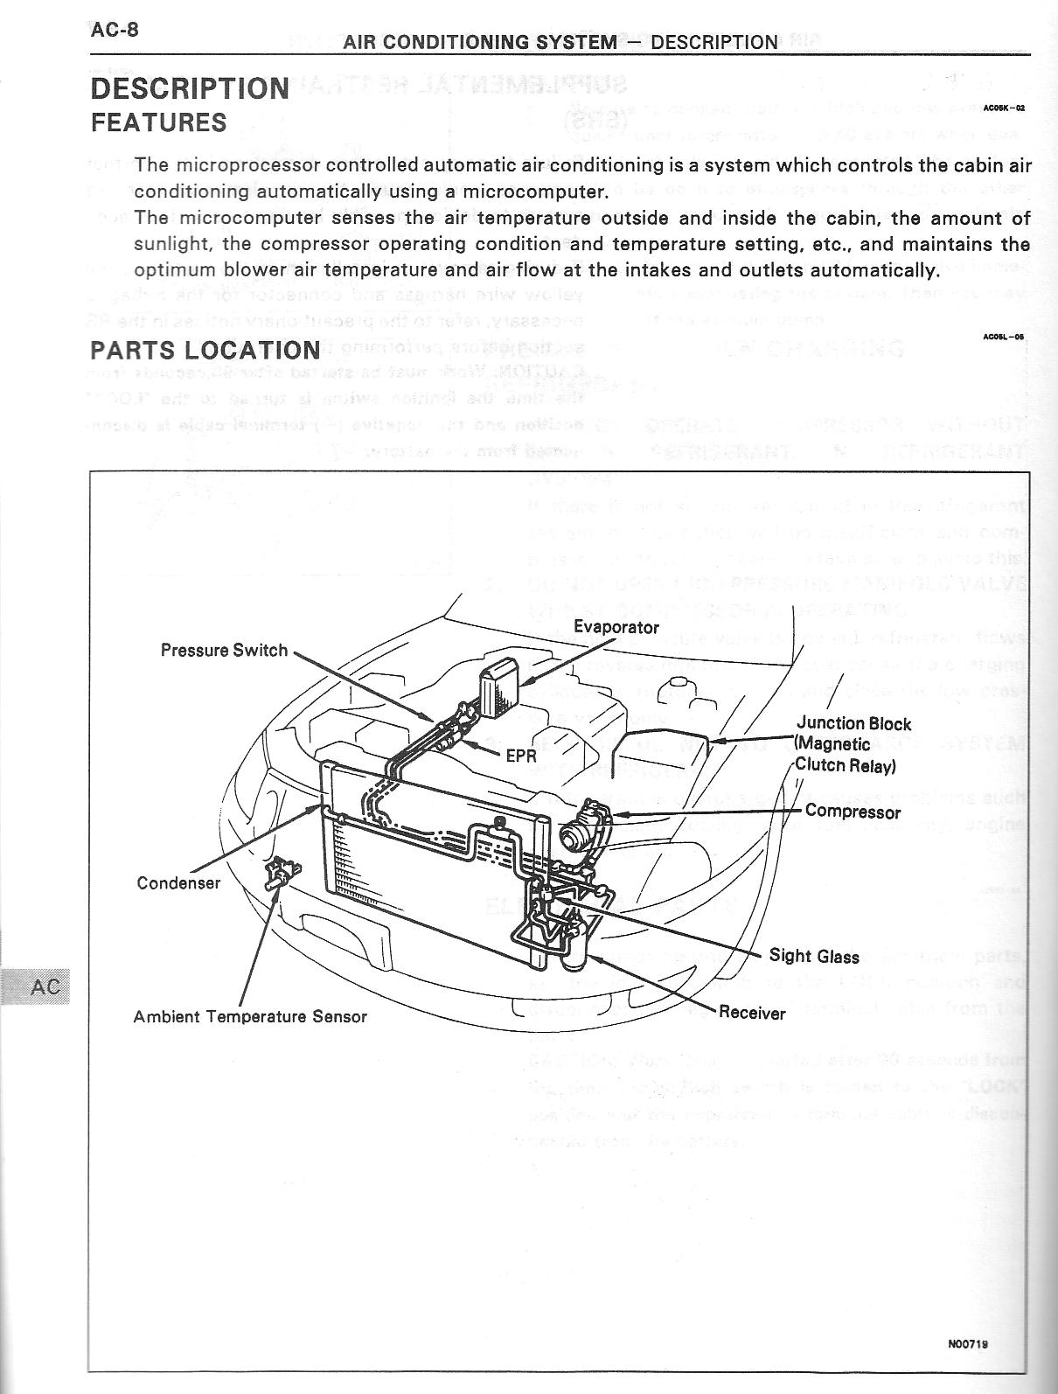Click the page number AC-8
click(115, 30)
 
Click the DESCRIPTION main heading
click(190, 88)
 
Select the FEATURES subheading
click(158, 122)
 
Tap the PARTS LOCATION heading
click(205, 350)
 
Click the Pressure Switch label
click(224, 650)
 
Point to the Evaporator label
click(616, 627)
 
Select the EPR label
click(520, 756)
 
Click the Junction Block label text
click(853, 724)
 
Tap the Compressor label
click(853, 811)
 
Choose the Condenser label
click(178, 882)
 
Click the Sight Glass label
click(814, 956)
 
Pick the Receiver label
click(752, 1013)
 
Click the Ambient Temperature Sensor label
click(250, 1016)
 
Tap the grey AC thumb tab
click(39, 986)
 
